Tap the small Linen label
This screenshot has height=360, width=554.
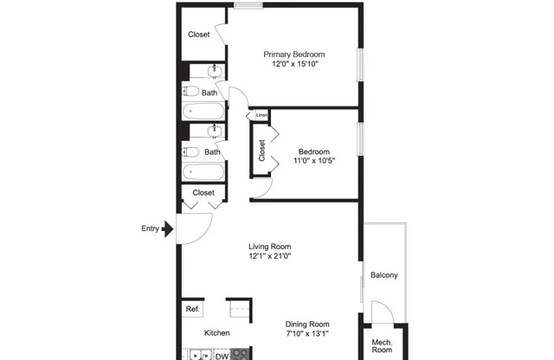(x=261, y=114)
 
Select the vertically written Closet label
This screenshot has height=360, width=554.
(x=261, y=151)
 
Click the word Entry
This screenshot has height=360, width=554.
(x=151, y=229)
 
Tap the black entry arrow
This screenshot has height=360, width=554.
(x=169, y=230)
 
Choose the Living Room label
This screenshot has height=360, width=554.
(x=269, y=246)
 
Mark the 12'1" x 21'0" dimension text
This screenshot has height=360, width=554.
(x=269, y=256)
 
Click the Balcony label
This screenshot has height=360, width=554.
(x=383, y=276)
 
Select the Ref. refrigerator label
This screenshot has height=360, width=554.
(x=192, y=309)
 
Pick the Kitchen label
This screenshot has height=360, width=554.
(x=216, y=333)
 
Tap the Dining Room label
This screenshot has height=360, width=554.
(x=307, y=325)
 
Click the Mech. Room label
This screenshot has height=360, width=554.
(x=382, y=345)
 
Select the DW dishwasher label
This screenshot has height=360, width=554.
(x=222, y=355)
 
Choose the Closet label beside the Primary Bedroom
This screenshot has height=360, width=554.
(x=199, y=35)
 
